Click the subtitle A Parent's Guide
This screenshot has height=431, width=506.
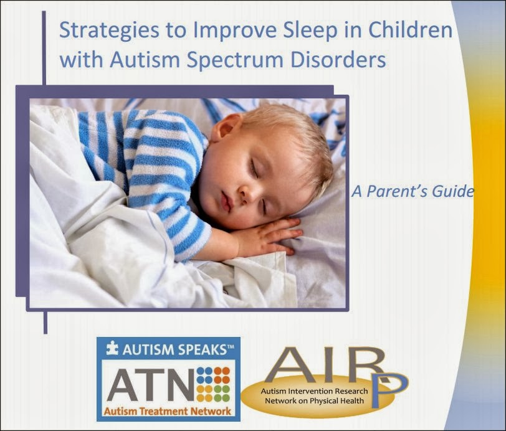pos(411,191)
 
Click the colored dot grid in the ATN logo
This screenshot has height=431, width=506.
pos(213,382)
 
